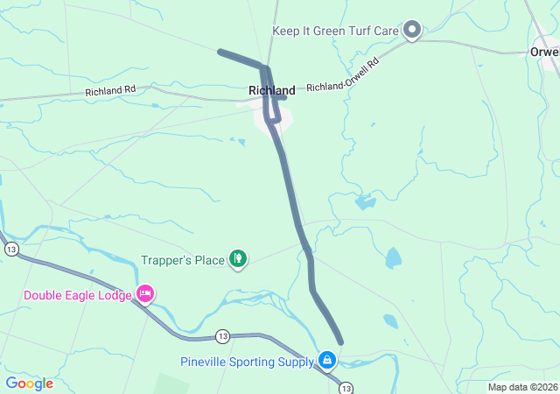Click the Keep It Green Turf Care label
[x=335, y=31]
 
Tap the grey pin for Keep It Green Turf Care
[x=412, y=32]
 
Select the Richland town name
[x=271, y=90]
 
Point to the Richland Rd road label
[x=110, y=90]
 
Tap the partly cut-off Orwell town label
[x=544, y=52]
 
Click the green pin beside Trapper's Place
[x=237, y=258]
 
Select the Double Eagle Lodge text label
[x=77, y=295]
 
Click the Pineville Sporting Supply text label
[x=247, y=362]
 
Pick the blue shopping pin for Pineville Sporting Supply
[x=327, y=360]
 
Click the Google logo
[x=29, y=383]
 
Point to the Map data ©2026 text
[x=522, y=387]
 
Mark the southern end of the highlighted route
[x=339, y=341]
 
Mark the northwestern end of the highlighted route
[x=220, y=52]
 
